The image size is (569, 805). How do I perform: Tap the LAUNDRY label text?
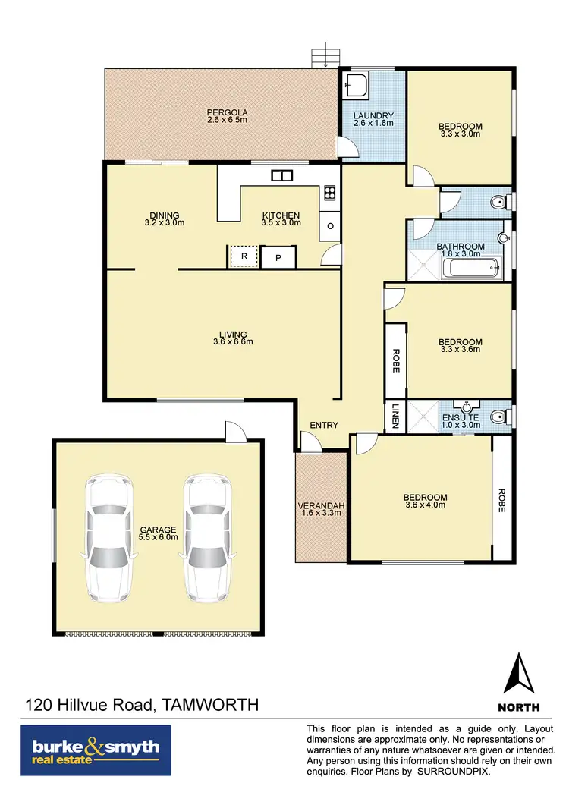[373, 115]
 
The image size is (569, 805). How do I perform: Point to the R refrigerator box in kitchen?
[244, 256]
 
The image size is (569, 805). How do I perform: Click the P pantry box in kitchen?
[278, 257]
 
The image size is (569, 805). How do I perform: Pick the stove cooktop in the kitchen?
[329, 193]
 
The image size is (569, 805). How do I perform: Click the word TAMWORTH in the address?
[210, 705]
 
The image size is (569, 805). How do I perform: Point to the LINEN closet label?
[395, 416]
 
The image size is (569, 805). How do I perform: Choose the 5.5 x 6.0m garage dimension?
[158, 537]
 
